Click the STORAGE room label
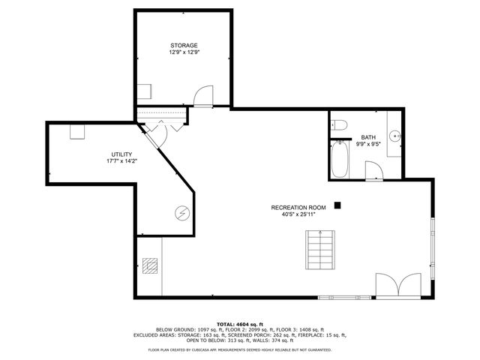click(x=184, y=46)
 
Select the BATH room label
click(x=368, y=137)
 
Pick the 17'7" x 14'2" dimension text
click(x=121, y=160)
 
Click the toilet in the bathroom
click(x=338, y=124)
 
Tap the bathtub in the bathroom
click(x=339, y=160)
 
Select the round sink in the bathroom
click(x=395, y=137)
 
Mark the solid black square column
click(x=338, y=204)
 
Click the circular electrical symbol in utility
click(x=181, y=213)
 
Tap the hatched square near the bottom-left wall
click(x=151, y=265)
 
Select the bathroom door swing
click(x=373, y=171)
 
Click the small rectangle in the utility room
click(x=78, y=131)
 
